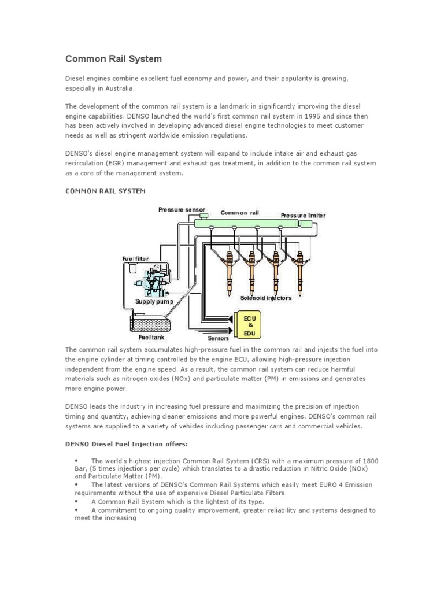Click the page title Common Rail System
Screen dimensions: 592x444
[x=113, y=59]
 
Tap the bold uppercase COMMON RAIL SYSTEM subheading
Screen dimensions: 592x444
[x=105, y=190]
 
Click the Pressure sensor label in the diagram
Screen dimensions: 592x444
[x=178, y=209]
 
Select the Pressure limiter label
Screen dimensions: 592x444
[x=303, y=215]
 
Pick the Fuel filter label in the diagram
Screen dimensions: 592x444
[x=135, y=258]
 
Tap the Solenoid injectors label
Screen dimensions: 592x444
[x=266, y=298]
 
